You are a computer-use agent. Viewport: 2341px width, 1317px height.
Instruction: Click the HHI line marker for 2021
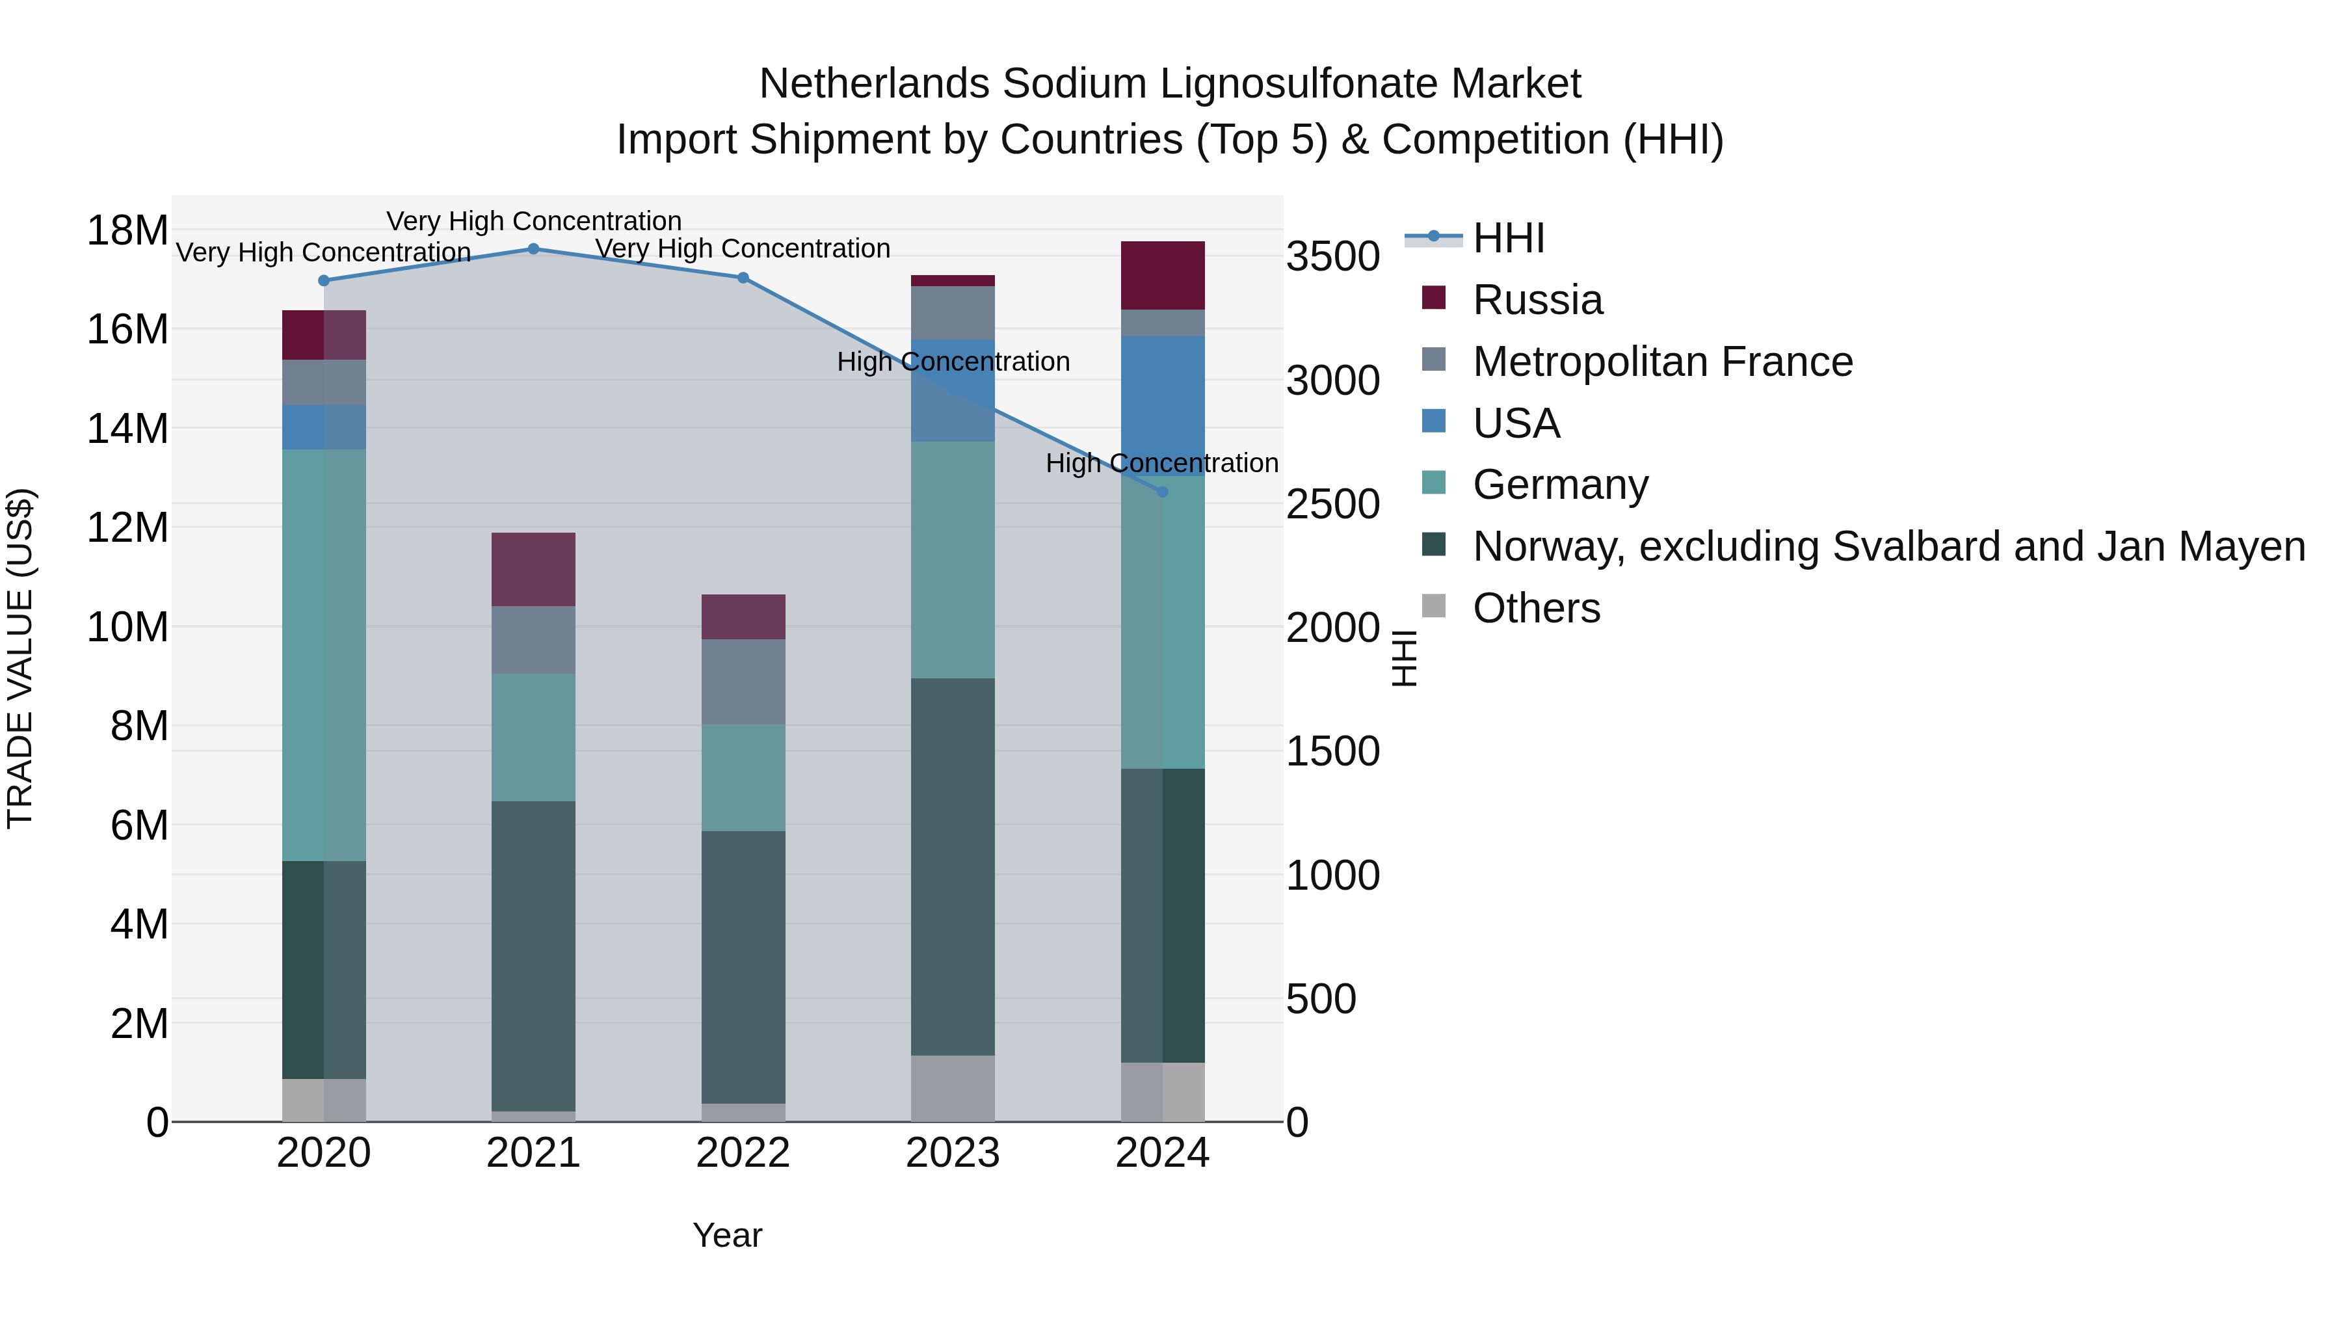point(533,249)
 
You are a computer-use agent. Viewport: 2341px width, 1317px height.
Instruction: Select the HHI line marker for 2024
point(1162,492)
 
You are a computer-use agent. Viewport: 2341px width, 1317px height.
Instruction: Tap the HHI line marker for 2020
point(324,281)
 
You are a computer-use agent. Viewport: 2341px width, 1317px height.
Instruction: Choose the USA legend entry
point(1516,423)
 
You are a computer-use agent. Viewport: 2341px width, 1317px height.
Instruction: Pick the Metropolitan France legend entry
point(1661,362)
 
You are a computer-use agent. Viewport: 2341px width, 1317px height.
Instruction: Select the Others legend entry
point(1536,608)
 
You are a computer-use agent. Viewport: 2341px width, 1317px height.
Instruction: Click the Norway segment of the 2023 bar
point(953,866)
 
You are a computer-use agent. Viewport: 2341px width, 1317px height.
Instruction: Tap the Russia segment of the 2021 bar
point(533,569)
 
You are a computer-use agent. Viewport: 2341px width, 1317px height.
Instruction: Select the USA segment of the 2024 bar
point(1162,405)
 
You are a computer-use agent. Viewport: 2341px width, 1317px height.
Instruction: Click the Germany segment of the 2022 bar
point(743,778)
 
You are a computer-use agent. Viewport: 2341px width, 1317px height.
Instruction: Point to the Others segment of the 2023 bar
point(953,1088)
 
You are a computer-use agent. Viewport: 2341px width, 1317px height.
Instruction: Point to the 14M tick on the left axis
point(127,428)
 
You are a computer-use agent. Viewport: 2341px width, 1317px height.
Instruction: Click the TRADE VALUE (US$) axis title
point(21,658)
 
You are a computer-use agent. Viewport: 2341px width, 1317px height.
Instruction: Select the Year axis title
point(727,1235)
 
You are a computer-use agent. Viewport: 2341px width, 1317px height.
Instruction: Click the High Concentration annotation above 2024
point(1161,464)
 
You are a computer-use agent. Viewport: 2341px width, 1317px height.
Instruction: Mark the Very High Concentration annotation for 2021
point(533,221)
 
